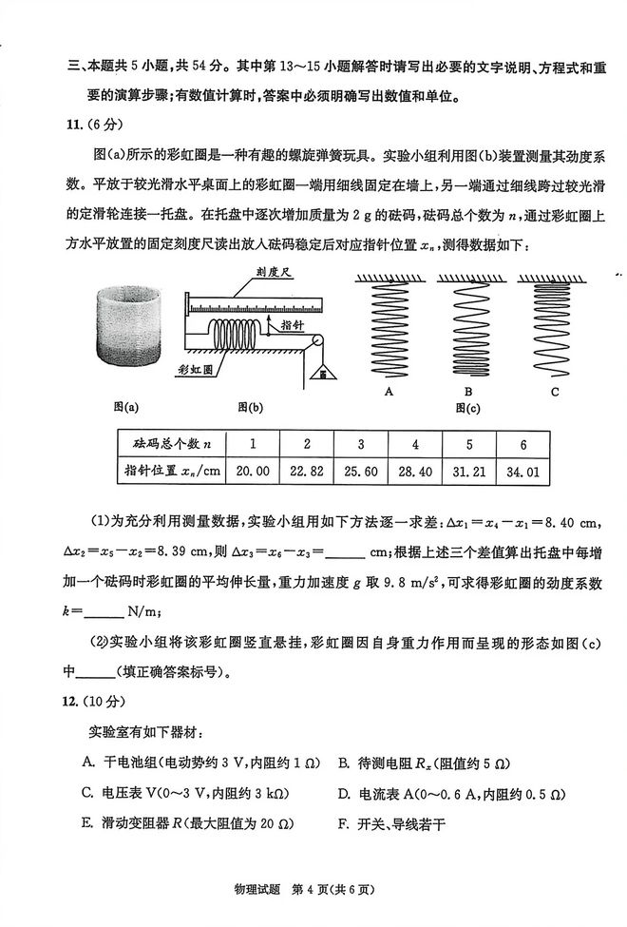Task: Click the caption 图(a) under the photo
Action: tap(127, 407)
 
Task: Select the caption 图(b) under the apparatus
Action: tap(252, 407)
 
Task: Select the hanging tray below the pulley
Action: tap(324, 375)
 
